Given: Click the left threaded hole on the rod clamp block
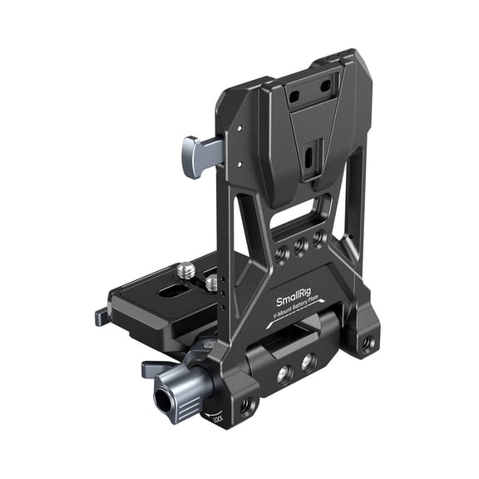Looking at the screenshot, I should tap(284, 375).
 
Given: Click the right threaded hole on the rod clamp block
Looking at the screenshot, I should tap(309, 362).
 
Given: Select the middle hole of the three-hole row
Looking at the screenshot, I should tap(299, 247).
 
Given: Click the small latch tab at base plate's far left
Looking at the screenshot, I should tap(101, 316).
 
